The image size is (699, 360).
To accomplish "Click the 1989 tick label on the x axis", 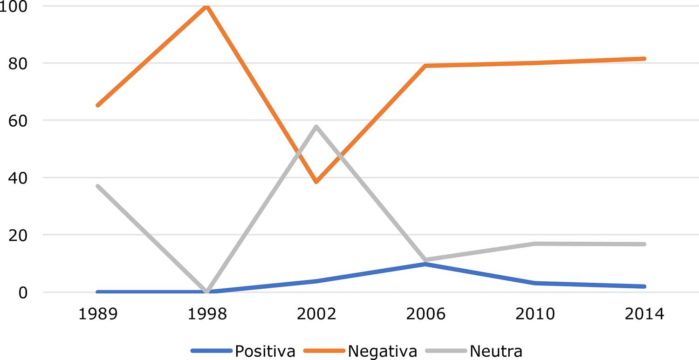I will click(97, 314).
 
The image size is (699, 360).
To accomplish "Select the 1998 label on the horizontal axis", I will click(206, 314).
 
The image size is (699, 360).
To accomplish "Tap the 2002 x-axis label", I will click(316, 314).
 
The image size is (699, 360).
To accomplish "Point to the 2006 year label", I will click(426, 314).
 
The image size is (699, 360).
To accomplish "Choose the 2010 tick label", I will click(535, 314).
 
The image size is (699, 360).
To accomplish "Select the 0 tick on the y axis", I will click(23, 292).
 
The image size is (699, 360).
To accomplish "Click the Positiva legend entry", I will click(265, 351).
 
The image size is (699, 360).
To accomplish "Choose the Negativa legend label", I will click(382, 351).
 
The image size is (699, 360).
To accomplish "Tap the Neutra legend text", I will click(496, 351).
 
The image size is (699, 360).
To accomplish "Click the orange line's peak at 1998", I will click(206, 6).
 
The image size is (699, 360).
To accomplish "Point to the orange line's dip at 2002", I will click(316, 182).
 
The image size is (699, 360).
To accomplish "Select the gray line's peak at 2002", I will click(316, 127).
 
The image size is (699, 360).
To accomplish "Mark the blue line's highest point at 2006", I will click(426, 264).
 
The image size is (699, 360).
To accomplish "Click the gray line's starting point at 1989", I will click(97, 186).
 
